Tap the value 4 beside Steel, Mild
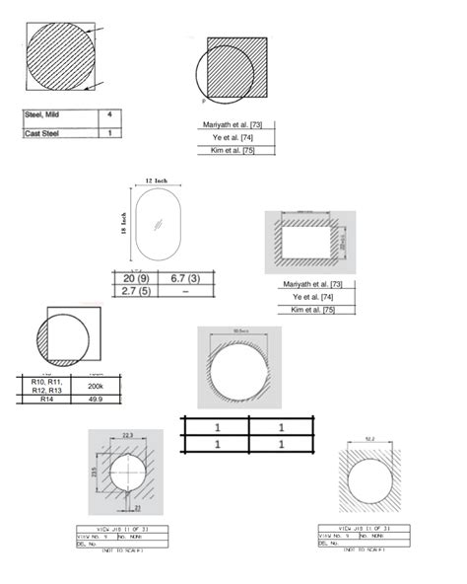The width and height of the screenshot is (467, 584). pos(109,115)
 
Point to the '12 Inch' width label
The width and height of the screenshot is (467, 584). pos(155,182)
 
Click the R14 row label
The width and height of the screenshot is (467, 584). pos(40,401)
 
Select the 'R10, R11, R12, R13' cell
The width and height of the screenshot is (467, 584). pos(40,386)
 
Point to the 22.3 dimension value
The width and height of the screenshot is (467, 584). pos(127,435)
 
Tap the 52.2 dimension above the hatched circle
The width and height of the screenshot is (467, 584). pos(370,439)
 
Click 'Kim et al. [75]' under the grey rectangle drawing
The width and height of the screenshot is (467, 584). pos(313,311)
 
